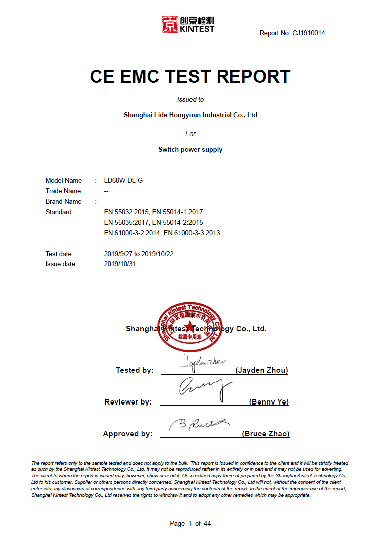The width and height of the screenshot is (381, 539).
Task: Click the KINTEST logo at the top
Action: (x=187, y=24)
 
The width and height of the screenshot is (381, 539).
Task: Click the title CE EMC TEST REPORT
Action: (x=190, y=76)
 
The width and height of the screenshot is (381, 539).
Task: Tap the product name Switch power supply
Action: (x=190, y=150)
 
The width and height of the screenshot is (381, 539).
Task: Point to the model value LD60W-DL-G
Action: (x=123, y=181)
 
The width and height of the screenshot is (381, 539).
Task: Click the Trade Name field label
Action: (x=63, y=191)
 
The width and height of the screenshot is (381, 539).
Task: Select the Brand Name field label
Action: (x=64, y=202)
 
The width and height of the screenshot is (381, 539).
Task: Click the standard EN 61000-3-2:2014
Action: (x=132, y=233)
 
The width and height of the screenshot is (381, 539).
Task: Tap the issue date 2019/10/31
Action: (x=120, y=264)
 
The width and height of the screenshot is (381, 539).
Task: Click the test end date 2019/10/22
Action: (x=158, y=254)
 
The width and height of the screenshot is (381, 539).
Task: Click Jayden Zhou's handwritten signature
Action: (x=203, y=362)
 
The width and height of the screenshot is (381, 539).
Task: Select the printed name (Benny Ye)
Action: (x=269, y=402)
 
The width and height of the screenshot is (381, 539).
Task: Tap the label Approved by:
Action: (x=127, y=434)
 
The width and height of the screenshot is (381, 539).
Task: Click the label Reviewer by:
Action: (x=128, y=402)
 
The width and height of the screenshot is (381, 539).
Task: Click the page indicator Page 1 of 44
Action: (x=190, y=524)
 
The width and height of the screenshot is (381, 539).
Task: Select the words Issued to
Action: (x=190, y=100)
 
